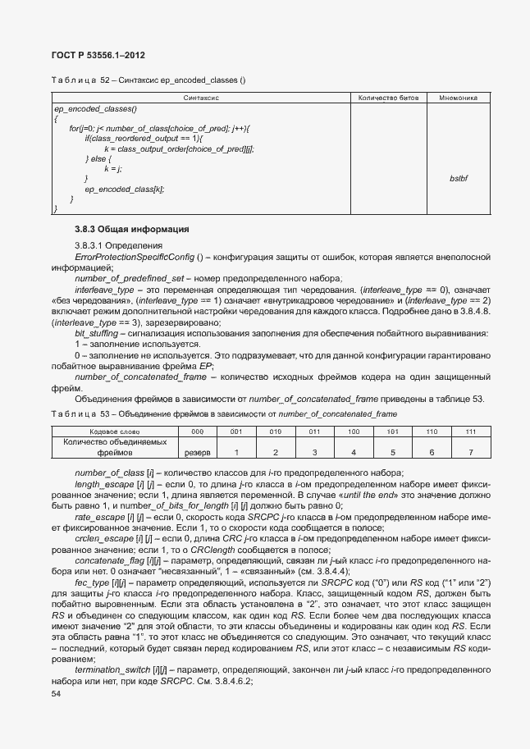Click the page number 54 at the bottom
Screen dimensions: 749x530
(56, 693)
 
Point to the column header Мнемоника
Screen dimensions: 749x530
(458, 98)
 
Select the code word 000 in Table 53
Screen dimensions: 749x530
(196, 432)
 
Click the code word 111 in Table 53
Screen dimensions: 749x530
(470, 432)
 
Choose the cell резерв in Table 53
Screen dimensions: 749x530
(196, 452)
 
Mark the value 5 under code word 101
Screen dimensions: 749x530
(392, 452)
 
